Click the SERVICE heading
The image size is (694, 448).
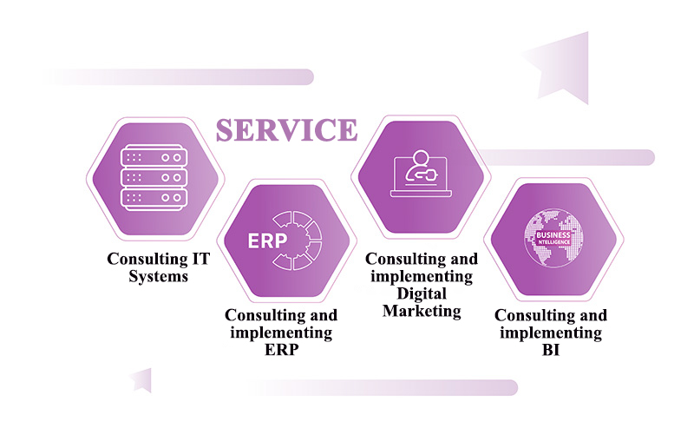[286, 129]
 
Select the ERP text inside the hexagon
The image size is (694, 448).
[267, 240]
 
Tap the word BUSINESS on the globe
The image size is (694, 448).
[553, 234]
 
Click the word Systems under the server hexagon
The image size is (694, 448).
[158, 276]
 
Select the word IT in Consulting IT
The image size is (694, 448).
[200, 259]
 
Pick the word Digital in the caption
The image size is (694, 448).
[421, 293]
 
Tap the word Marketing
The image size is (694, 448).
[422, 310]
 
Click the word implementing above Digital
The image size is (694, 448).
[421, 276]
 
